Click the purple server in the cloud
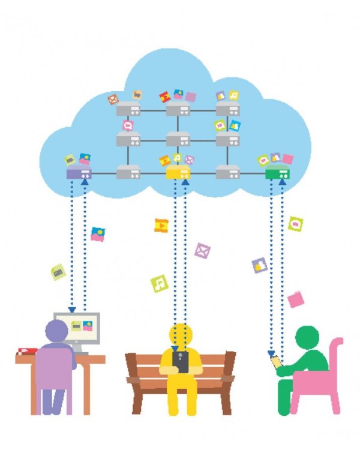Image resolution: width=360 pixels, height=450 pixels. (78, 174)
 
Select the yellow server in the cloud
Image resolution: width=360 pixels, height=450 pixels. (177, 174)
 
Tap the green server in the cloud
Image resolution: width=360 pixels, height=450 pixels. (277, 174)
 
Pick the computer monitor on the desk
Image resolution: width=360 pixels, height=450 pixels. (77, 328)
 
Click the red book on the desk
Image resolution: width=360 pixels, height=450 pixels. (26, 350)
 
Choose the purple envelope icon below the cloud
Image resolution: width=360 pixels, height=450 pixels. (203, 250)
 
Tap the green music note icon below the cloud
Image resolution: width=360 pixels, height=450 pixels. (158, 281)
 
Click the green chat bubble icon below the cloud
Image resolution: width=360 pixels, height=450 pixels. (296, 224)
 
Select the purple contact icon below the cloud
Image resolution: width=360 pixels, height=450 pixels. (259, 265)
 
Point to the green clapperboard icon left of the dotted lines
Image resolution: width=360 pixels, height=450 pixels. (58, 272)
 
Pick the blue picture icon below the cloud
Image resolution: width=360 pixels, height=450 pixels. (97, 234)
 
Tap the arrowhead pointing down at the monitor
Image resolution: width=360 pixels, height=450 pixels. (72, 310)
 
